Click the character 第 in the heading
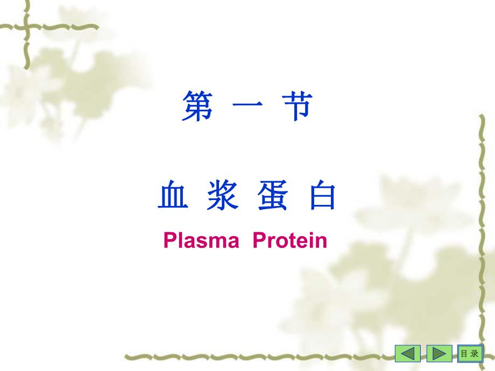coord(197,106)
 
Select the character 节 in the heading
coord(296,106)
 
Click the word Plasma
coord(201,240)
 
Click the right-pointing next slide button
coord(439,353)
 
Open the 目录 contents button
coord(469,353)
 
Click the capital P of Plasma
coord(169,240)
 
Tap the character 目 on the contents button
coord(464,353)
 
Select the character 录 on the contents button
coord(473,353)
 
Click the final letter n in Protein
coord(321,242)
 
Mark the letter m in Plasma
coord(215,242)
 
